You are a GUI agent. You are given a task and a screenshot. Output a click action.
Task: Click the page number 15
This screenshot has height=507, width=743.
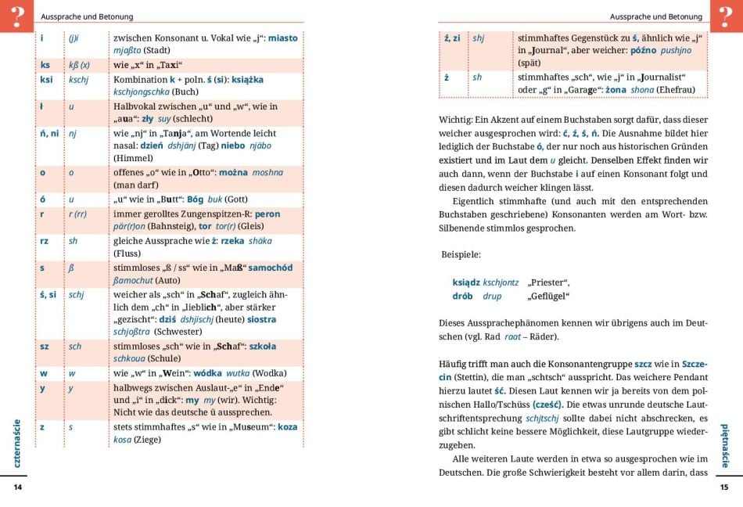(x=723, y=487)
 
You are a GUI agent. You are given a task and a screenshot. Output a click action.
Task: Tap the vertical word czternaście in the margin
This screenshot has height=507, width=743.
(x=17, y=443)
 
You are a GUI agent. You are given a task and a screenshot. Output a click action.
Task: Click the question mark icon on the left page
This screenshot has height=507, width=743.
(x=16, y=16)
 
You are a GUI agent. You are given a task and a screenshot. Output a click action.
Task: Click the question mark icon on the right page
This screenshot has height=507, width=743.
(x=726, y=16)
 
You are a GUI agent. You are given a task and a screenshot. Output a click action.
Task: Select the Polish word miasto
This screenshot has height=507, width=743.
(x=282, y=38)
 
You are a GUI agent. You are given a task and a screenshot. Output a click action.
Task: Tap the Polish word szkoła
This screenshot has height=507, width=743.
(x=260, y=346)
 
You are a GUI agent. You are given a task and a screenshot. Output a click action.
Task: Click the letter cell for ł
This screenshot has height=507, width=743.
(x=42, y=106)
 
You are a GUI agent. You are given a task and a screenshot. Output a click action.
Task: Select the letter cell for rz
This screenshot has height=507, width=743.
(x=45, y=241)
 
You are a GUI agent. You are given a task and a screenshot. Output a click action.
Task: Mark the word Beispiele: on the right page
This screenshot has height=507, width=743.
(x=461, y=254)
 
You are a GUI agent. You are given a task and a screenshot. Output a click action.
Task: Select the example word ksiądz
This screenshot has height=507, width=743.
(x=465, y=282)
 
